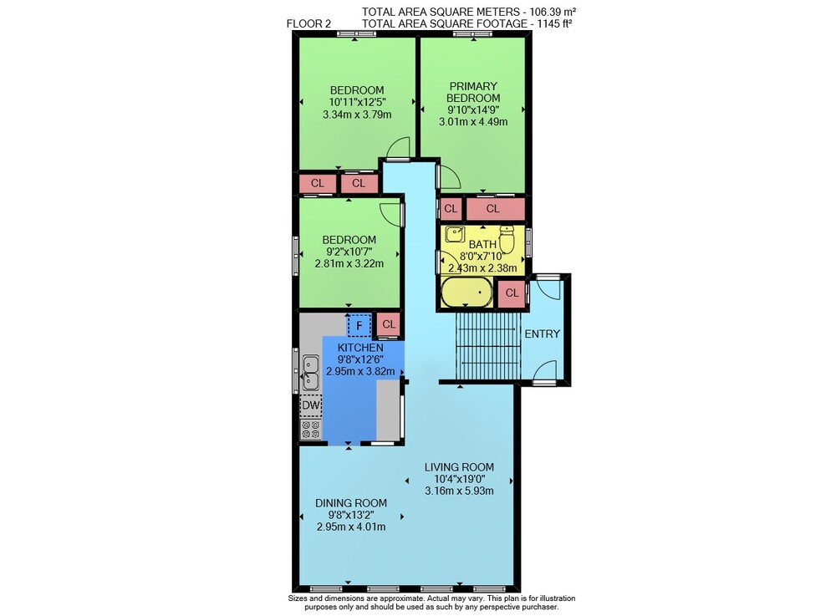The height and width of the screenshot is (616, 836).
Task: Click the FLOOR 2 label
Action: (x=308, y=23)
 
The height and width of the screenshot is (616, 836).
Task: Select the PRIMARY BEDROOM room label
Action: (x=473, y=92)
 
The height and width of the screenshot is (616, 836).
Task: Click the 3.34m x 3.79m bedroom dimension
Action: (x=357, y=114)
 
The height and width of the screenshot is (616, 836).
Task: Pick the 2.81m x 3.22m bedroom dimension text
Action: (x=349, y=263)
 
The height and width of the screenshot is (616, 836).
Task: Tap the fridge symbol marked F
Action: (x=359, y=326)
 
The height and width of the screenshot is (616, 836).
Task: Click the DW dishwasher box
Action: (x=311, y=405)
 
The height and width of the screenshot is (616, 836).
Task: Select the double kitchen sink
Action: (x=310, y=373)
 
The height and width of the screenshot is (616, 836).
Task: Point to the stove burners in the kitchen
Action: (x=310, y=430)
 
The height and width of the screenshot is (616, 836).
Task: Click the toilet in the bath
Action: (x=507, y=239)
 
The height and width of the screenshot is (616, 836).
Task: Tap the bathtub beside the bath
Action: (x=466, y=293)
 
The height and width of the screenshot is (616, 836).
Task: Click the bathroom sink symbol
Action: (x=456, y=235)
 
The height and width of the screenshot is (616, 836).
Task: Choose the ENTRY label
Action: (x=543, y=334)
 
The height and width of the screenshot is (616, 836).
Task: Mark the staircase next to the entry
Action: (x=488, y=346)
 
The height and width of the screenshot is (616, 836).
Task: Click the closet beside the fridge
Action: (x=389, y=324)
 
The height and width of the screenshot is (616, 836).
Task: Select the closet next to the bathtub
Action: (x=512, y=293)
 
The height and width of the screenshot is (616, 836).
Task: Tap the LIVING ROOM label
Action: (x=459, y=467)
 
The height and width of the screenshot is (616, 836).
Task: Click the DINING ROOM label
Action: (x=351, y=503)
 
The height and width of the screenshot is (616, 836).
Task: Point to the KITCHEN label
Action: (x=360, y=348)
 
